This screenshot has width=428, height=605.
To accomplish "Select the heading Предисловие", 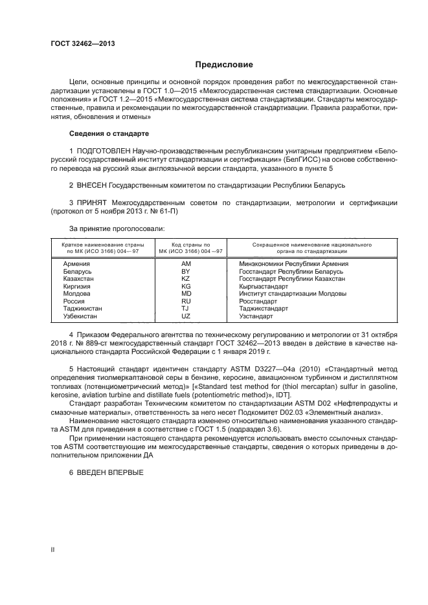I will (x=224, y=64).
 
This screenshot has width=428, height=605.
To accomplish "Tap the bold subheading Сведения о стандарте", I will (x=109, y=133).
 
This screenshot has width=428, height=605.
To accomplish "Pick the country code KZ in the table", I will (x=186, y=279).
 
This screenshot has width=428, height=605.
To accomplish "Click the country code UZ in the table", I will (x=186, y=316).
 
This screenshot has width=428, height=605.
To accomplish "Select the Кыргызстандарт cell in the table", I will (x=264, y=286).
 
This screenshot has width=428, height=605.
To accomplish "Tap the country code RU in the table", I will (x=186, y=301).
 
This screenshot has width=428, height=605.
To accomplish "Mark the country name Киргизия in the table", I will (x=76, y=286).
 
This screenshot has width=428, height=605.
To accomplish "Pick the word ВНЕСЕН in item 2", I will (x=91, y=185).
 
